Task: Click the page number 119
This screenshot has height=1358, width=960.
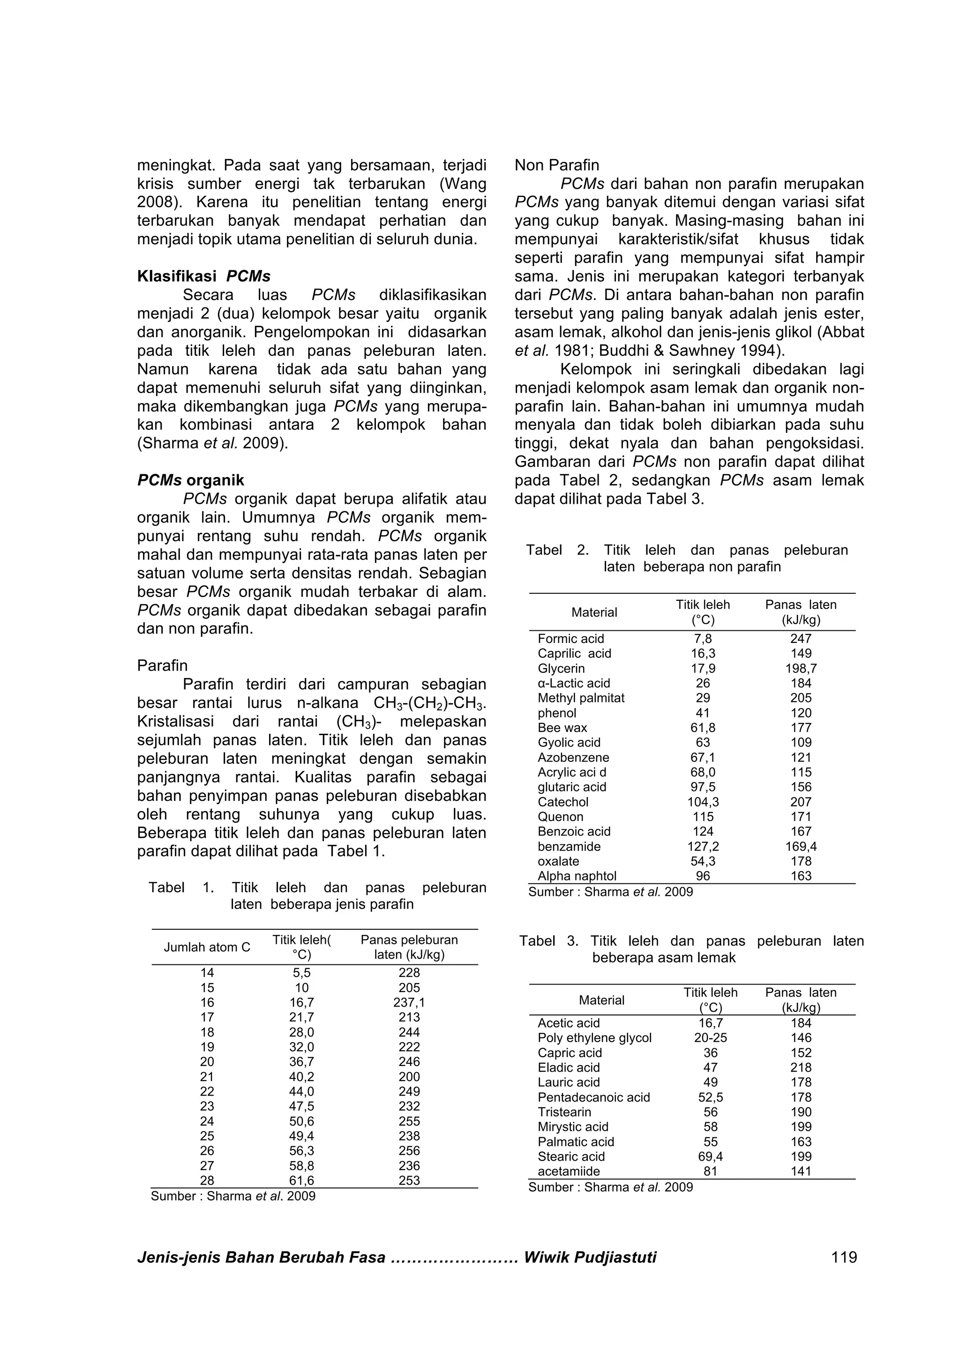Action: [843, 1257]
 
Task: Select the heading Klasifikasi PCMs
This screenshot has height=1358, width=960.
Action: [203, 276]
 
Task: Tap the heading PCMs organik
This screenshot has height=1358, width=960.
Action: [190, 480]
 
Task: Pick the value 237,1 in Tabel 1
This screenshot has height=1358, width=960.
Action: [409, 1002]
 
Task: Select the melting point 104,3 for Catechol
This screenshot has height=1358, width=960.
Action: [703, 802]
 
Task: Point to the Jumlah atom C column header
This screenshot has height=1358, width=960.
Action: [207, 947]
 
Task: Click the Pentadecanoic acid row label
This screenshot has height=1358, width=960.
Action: [593, 1097]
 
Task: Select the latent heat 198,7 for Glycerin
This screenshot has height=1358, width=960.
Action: [801, 668]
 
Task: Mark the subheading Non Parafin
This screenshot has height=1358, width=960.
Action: [556, 165]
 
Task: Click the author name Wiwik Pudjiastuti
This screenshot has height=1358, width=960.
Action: [590, 1257]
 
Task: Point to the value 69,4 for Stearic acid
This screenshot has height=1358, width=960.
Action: [710, 1157]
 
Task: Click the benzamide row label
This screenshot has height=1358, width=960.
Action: [569, 846]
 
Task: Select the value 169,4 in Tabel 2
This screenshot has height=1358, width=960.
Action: [801, 846]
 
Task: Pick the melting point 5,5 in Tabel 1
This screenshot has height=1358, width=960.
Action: [302, 973]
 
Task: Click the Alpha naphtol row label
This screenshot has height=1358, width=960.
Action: [577, 876]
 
